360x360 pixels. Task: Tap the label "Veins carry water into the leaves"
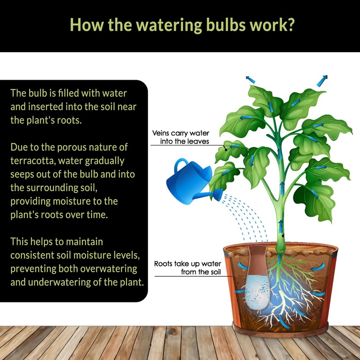pos(186,137)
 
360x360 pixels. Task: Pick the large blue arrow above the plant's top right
pos(322,81)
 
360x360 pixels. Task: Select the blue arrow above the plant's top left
pos(250,78)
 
